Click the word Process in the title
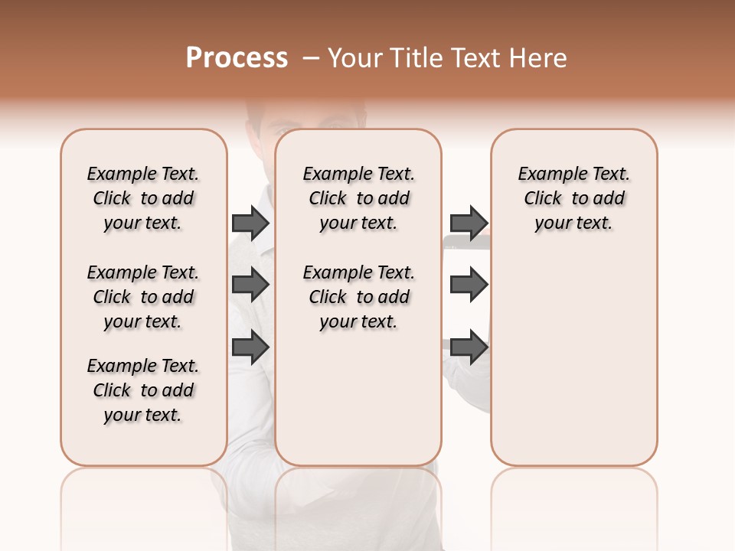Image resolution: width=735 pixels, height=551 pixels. pyautogui.click(x=237, y=58)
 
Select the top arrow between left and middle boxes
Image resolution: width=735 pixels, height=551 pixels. pyautogui.click(x=250, y=223)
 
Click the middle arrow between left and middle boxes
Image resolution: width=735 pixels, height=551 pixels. pyautogui.click(x=250, y=285)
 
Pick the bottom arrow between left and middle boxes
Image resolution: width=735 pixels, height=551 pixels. pyautogui.click(x=250, y=347)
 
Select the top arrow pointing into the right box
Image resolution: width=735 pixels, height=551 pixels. pyautogui.click(x=469, y=223)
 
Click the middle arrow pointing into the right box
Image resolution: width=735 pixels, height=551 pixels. pyautogui.click(x=469, y=285)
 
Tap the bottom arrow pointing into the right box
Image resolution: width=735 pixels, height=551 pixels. pyautogui.click(x=469, y=347)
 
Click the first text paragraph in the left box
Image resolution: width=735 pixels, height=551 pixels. pyautogui.click(x=143, y=198)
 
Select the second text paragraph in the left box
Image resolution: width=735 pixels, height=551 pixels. pyautogui.click(x=143, y=297)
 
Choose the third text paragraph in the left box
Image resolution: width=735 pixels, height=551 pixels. pyautogui.click(x=143, y=390)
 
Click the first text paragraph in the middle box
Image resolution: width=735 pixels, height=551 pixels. pyautogui.click(x=358, y=198)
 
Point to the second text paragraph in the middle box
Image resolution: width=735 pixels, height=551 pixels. pyautogui.click(x=358, y=297)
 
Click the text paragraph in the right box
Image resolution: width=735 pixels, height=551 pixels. pyautogui.click(x=573, y=198)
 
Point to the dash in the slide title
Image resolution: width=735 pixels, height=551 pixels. pyautogui.click(x=311, y=58)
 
